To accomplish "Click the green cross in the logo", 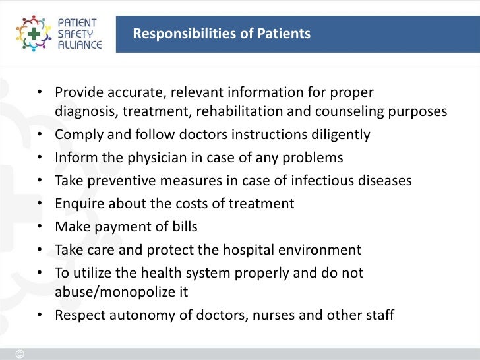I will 32,33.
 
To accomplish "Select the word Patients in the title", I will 284,33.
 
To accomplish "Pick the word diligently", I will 338,135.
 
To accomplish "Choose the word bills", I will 183,227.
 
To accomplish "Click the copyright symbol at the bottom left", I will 19,353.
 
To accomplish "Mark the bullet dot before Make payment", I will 40,227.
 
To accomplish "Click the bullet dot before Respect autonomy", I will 40,315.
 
